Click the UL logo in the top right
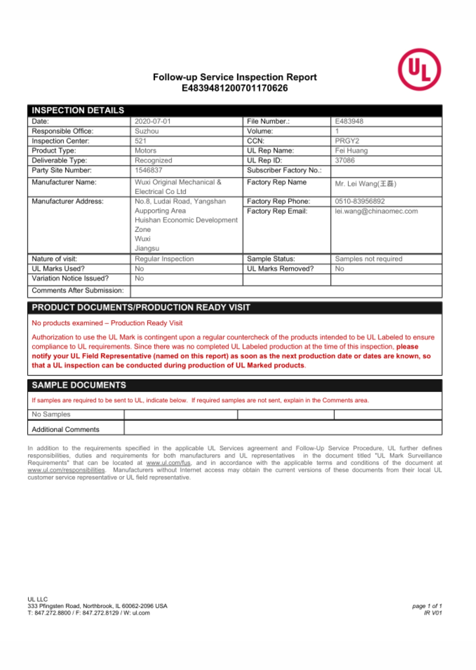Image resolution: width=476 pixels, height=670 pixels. (x=419, y=70)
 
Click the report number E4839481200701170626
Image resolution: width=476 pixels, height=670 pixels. (x=235, y=88)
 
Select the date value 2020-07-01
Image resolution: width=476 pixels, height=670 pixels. (x=153, y=121)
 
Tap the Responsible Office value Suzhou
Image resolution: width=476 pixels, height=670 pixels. (x=147, y=131)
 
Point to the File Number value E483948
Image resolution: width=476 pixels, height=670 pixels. (x=349, y=121)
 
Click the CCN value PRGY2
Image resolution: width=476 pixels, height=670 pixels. (x=347, y=141)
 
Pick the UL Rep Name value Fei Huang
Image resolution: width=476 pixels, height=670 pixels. (x=351, y=150)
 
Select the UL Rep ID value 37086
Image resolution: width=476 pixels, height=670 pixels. (x=345, y=160)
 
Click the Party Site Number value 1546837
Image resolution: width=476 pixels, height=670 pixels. (x=149, y=170)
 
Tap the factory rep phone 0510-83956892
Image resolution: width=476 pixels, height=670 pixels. (x=360, y=201)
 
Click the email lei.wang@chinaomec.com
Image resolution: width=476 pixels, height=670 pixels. (x=376, y=211)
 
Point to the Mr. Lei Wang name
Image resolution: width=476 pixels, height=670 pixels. (x=365, y=184)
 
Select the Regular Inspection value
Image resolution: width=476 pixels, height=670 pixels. (x=164, y=259)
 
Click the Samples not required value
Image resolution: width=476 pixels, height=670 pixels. (x=368, y=259)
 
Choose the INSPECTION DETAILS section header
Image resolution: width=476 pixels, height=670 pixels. (x=78, y=110)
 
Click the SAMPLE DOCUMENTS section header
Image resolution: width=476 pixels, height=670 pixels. (x=79, y=385)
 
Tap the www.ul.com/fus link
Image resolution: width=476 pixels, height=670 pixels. (x=168, y=463)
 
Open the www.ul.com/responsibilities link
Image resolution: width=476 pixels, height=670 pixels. (x=66, y=470)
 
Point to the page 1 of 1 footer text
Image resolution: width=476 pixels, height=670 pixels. (x=427, y=606)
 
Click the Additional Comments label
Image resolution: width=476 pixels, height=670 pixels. (x=65, y=429)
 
